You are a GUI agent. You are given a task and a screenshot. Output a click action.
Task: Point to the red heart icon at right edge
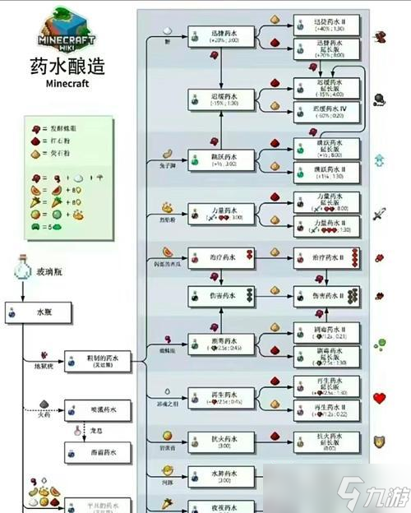coord(380,399)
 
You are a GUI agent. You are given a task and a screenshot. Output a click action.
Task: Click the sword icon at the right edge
coord(380,215)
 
